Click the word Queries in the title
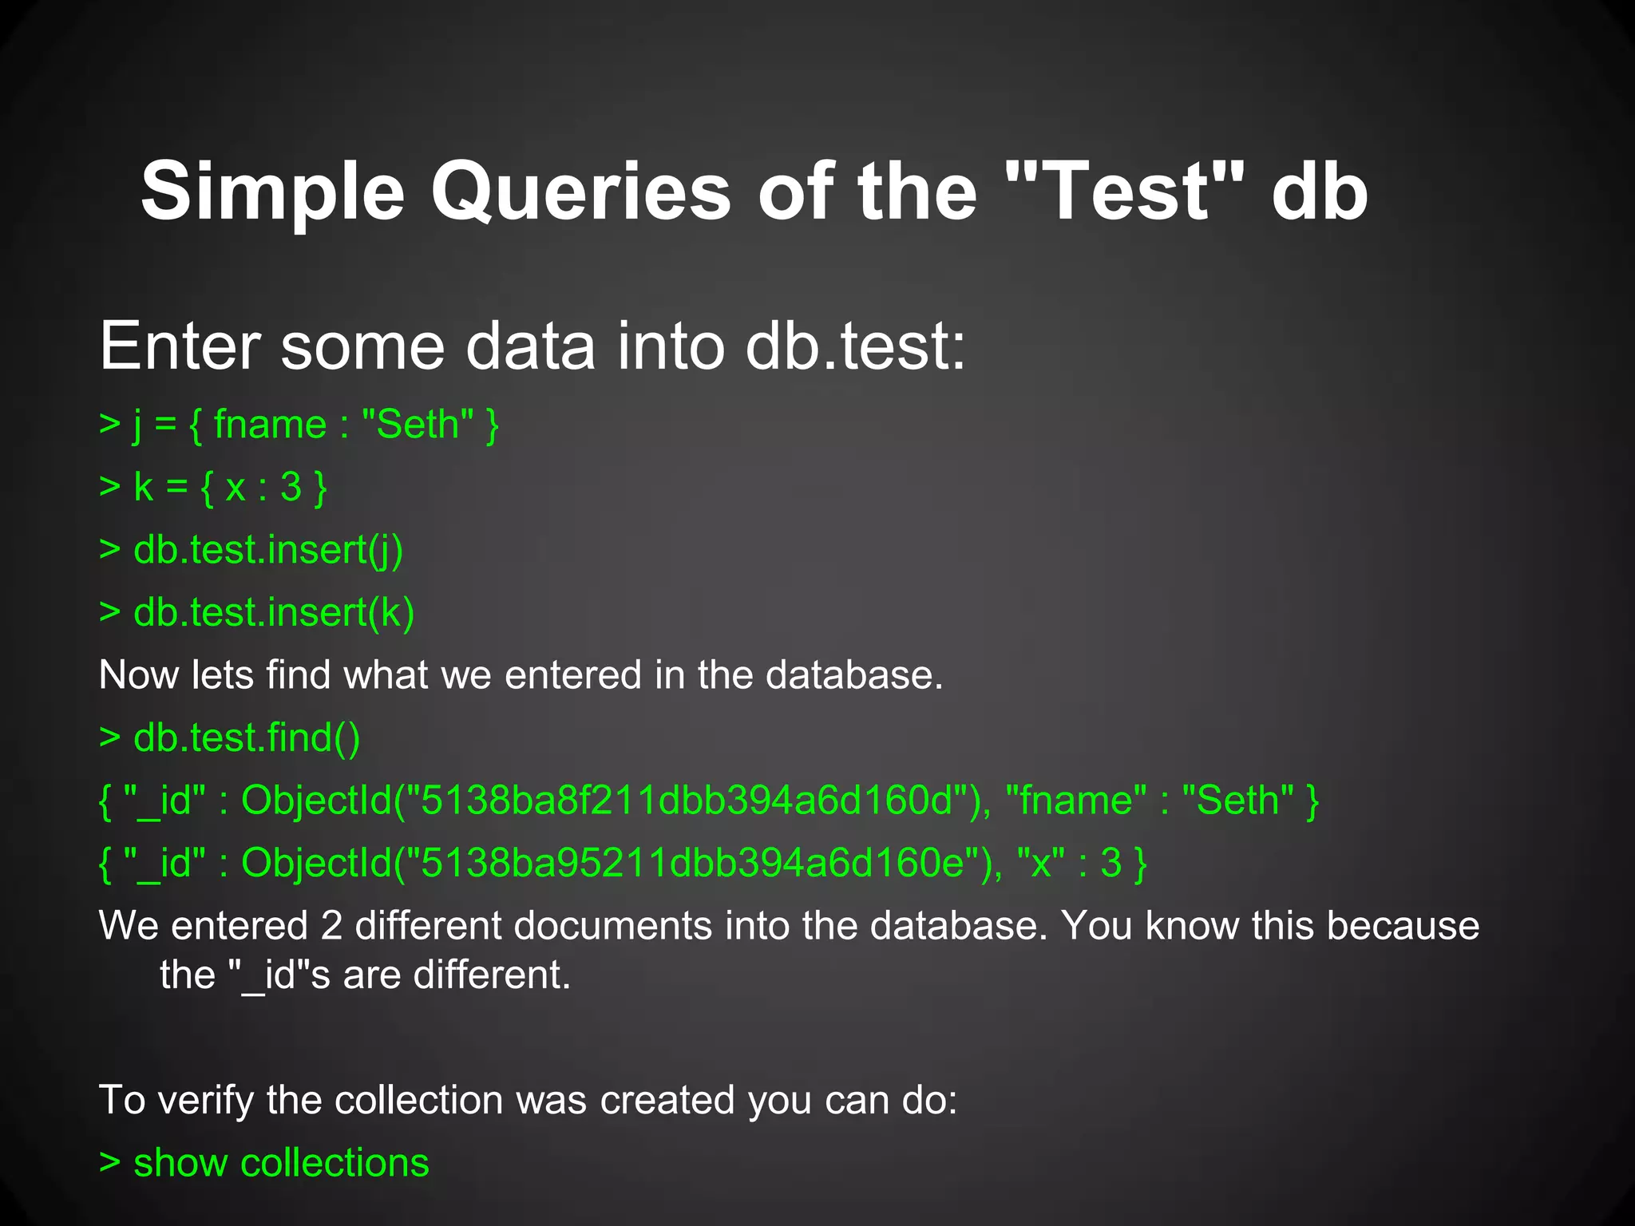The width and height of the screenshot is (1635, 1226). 580,192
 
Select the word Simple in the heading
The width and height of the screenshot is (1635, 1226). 272,192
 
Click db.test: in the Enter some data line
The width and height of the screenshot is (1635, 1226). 854,347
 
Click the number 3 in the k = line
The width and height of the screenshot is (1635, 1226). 291,487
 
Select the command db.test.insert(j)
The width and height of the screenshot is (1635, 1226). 267,550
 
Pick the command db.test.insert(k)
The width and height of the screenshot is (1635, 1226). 273,612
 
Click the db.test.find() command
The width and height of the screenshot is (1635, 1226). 246,738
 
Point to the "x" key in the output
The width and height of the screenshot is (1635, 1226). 1041,863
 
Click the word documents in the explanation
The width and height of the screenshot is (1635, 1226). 613,926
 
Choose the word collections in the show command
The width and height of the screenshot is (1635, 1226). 335,1163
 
